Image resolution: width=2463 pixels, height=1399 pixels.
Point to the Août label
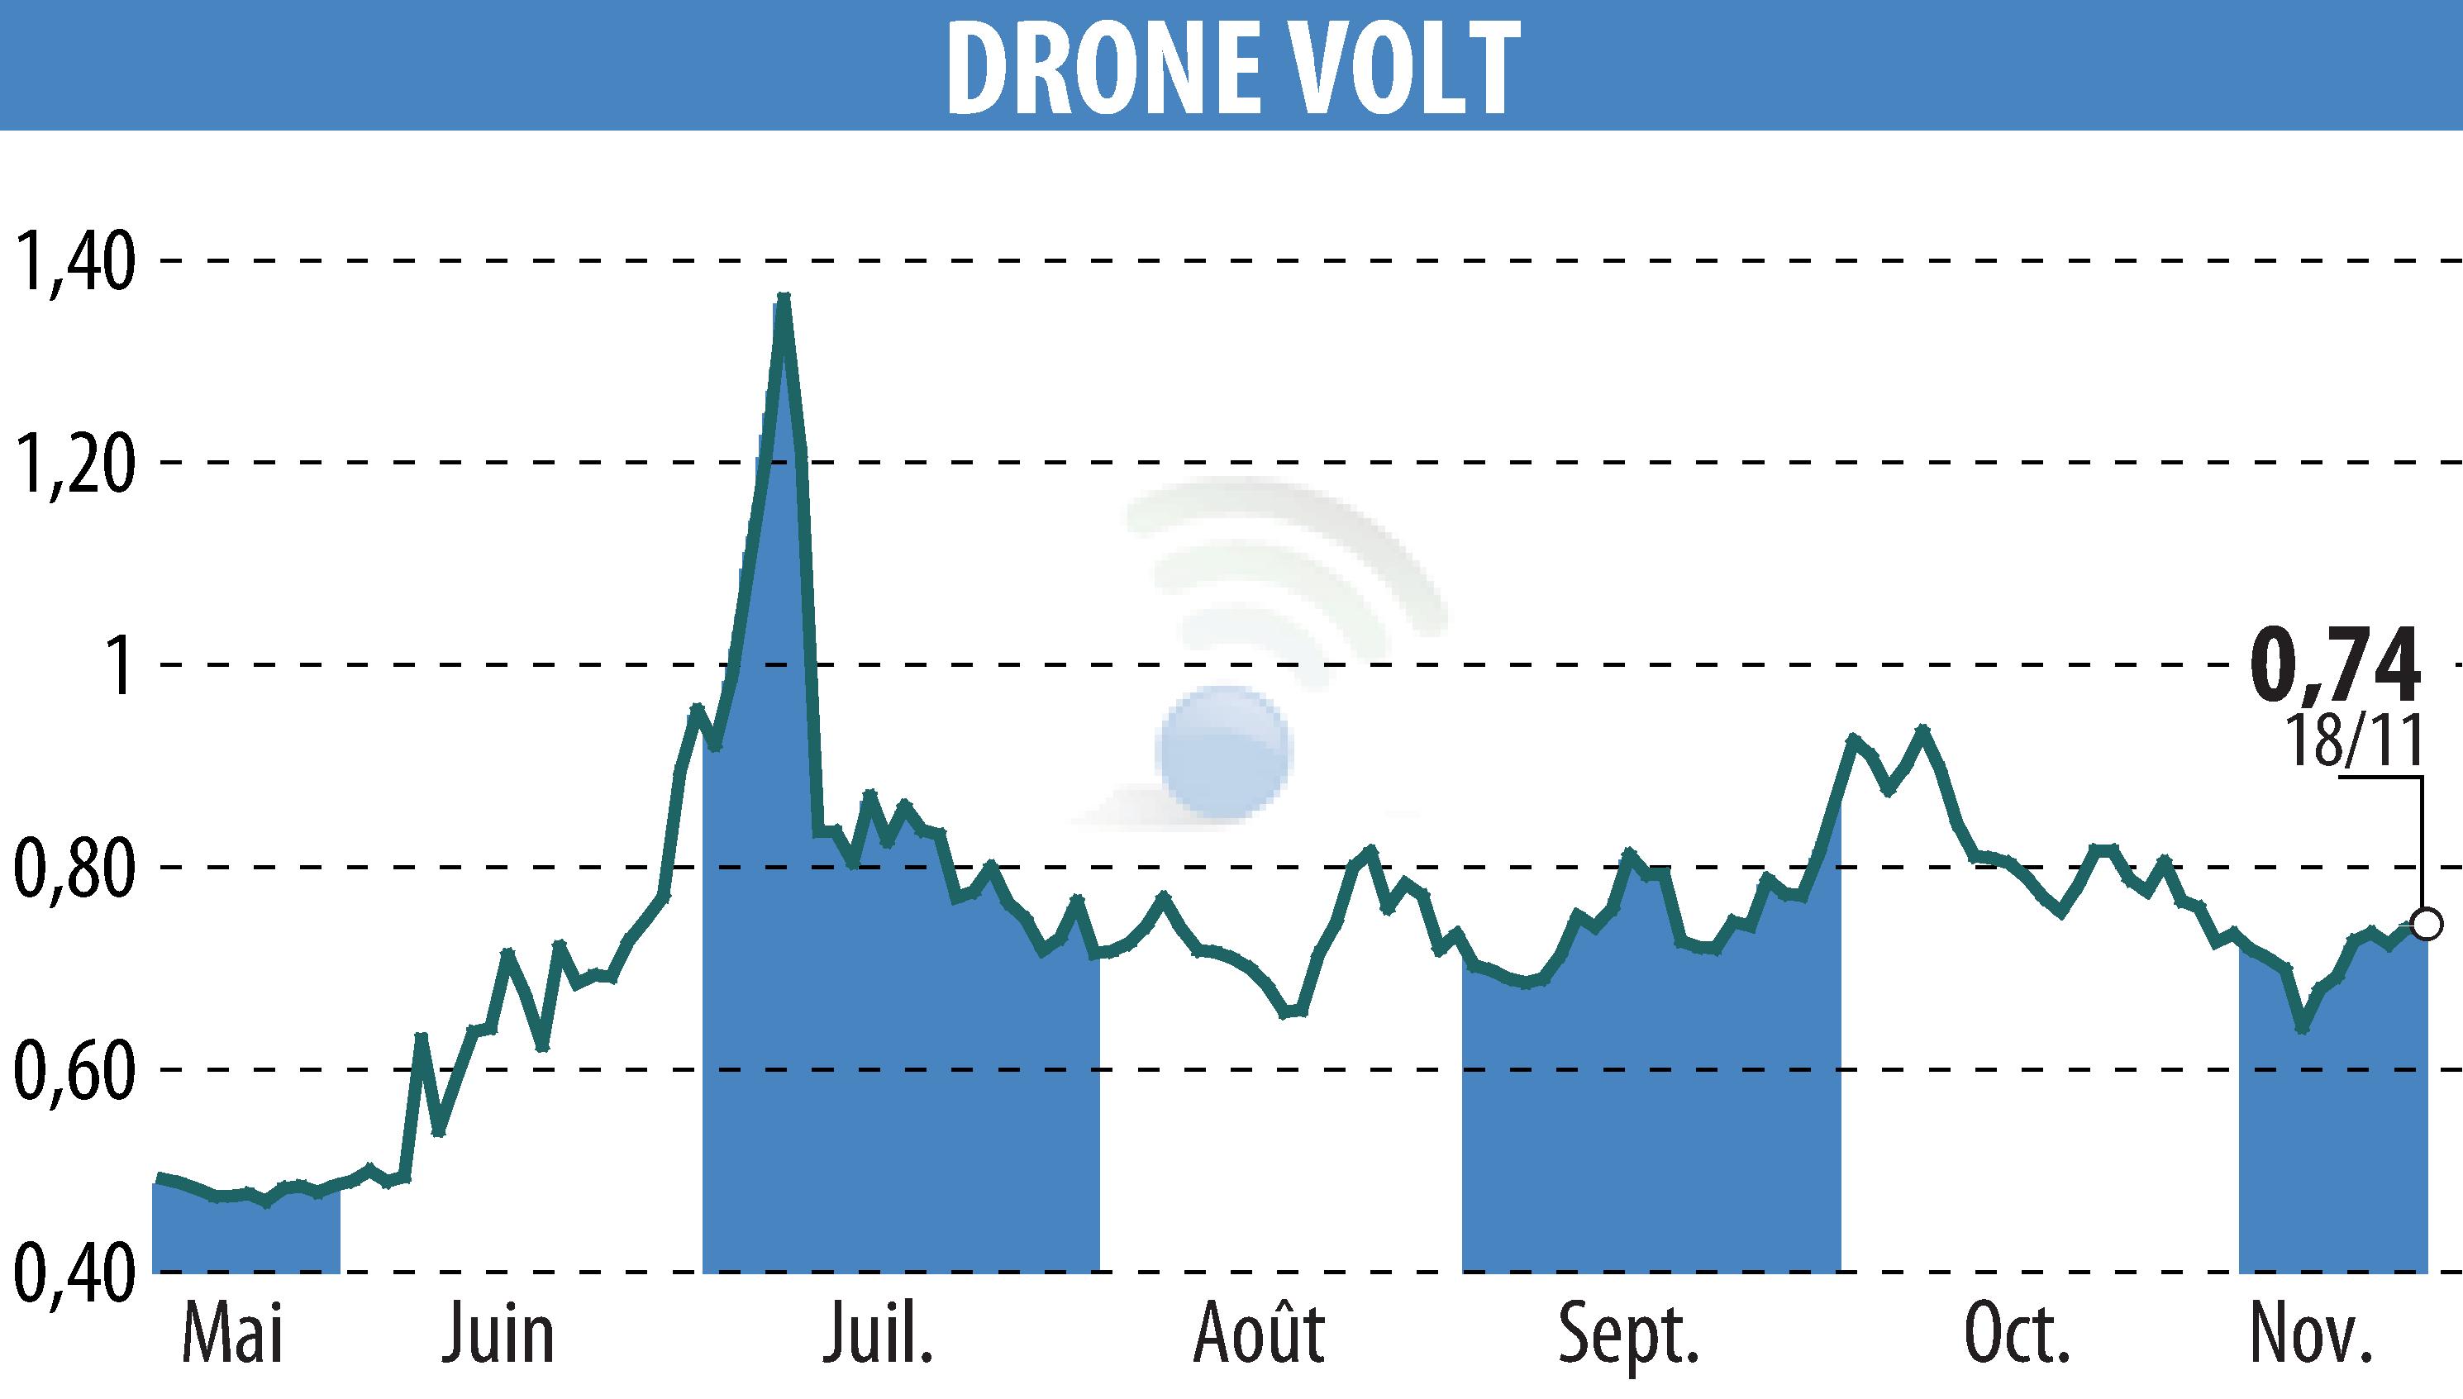pyautogui.click(x=1260, y=1334)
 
